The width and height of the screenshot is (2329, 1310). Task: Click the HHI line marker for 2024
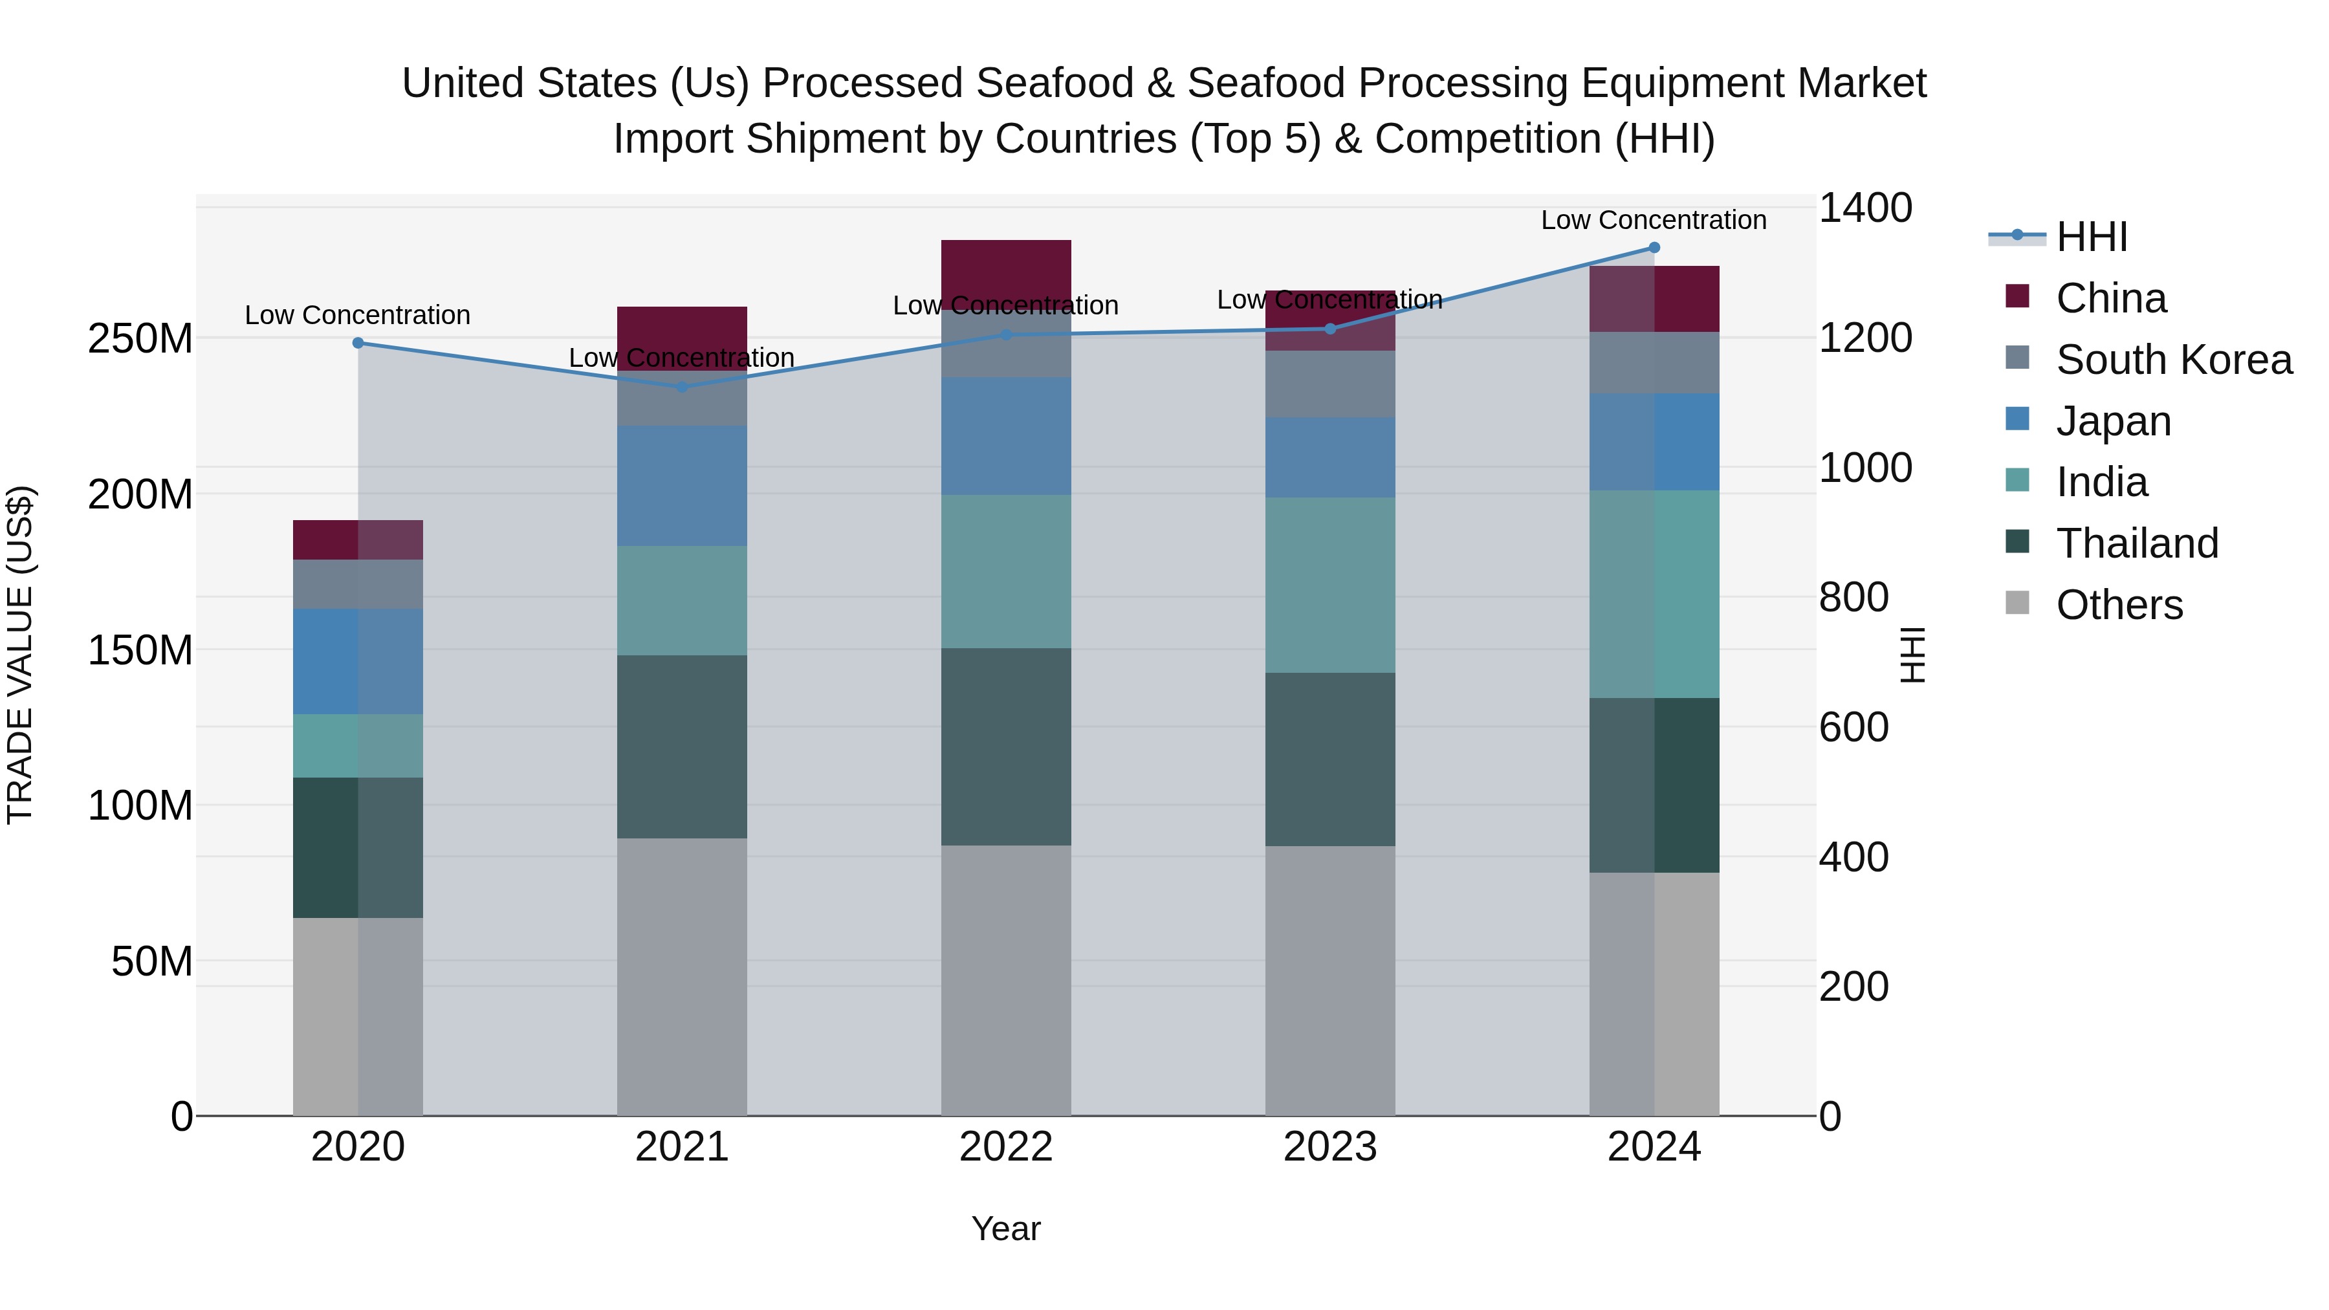pyautogui.click(x=1654, y=248)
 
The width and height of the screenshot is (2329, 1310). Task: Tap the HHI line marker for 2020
pyautogui.click(x=358, y=344)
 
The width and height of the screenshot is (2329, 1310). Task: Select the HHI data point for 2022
pyautogui.click(x=1006, y=335)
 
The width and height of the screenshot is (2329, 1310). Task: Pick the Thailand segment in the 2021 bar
pyautogui.click(x=682, y=747)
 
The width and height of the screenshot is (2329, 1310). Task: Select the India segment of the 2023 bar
pyautogui.click(x=1330, y=585)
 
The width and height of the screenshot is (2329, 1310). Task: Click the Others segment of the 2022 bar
pyautogui.click(x=1006, y=980)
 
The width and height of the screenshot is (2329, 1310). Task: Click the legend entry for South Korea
pyautogui.click(x=2174, y=360)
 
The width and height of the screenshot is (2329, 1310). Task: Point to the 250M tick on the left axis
pyautogui.click(x=140, y=339)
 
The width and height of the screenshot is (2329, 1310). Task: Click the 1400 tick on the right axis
pyautogui.click(x=1864, y=208)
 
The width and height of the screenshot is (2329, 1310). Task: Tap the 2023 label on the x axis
pyautogui.click(x=1330, y=1147)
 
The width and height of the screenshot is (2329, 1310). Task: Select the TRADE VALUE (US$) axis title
pyautogui.click(x=21, y=655)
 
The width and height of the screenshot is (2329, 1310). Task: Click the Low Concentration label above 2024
pyautogui.click(x=1654, y=220)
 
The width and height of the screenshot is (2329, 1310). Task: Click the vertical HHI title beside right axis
pyautogui.click(x=1913, y=655)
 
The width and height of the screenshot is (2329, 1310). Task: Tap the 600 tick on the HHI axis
pyautogui.click(x=1853, y=728)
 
